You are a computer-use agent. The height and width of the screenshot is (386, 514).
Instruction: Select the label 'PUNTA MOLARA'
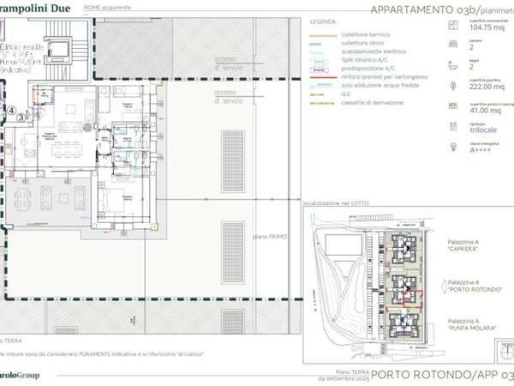[469, 328]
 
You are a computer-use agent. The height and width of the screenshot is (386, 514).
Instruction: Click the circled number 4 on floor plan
[11, 110]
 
